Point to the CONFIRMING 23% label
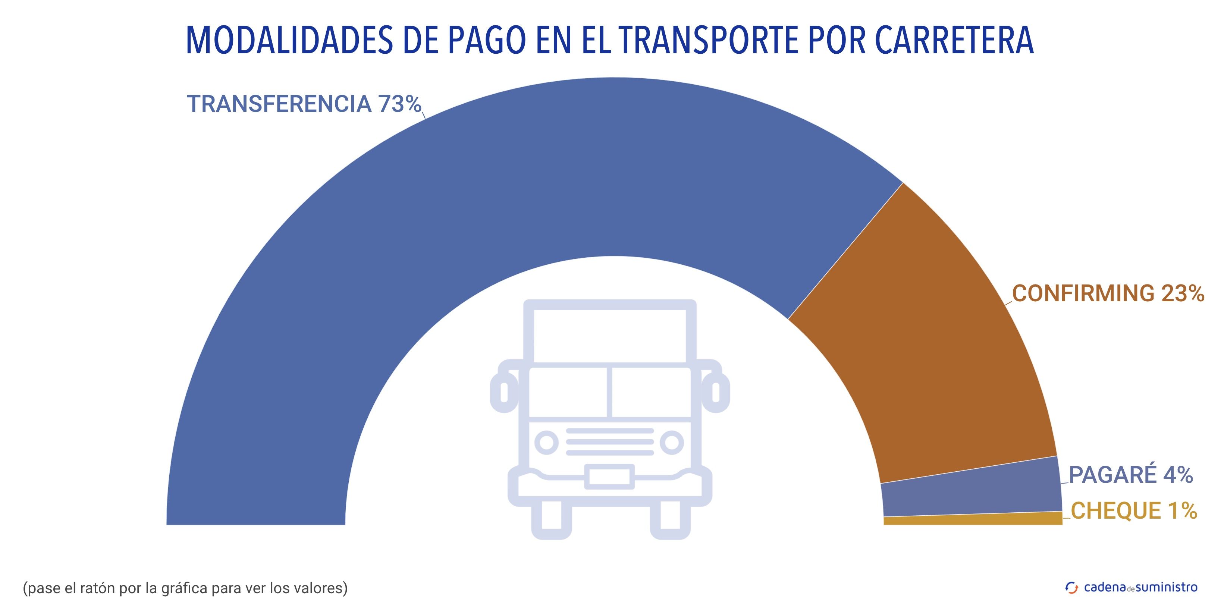1108,293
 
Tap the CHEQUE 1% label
1133,511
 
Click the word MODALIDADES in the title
289,40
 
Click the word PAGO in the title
486,40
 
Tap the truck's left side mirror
504,392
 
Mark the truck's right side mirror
716,392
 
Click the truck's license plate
609,477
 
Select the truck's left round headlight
546,443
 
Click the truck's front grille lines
609,442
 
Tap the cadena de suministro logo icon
1071,588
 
